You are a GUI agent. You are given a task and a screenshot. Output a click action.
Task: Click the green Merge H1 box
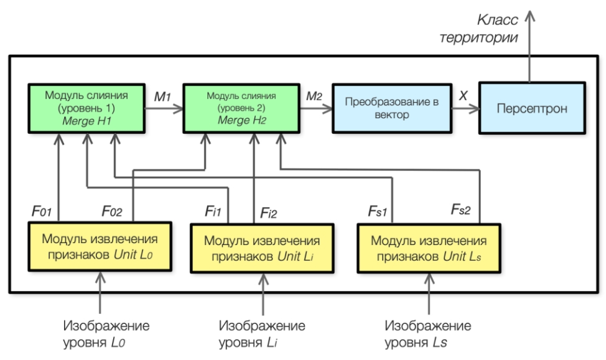[86, 108]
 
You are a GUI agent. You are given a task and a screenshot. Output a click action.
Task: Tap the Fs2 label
[462, 211]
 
